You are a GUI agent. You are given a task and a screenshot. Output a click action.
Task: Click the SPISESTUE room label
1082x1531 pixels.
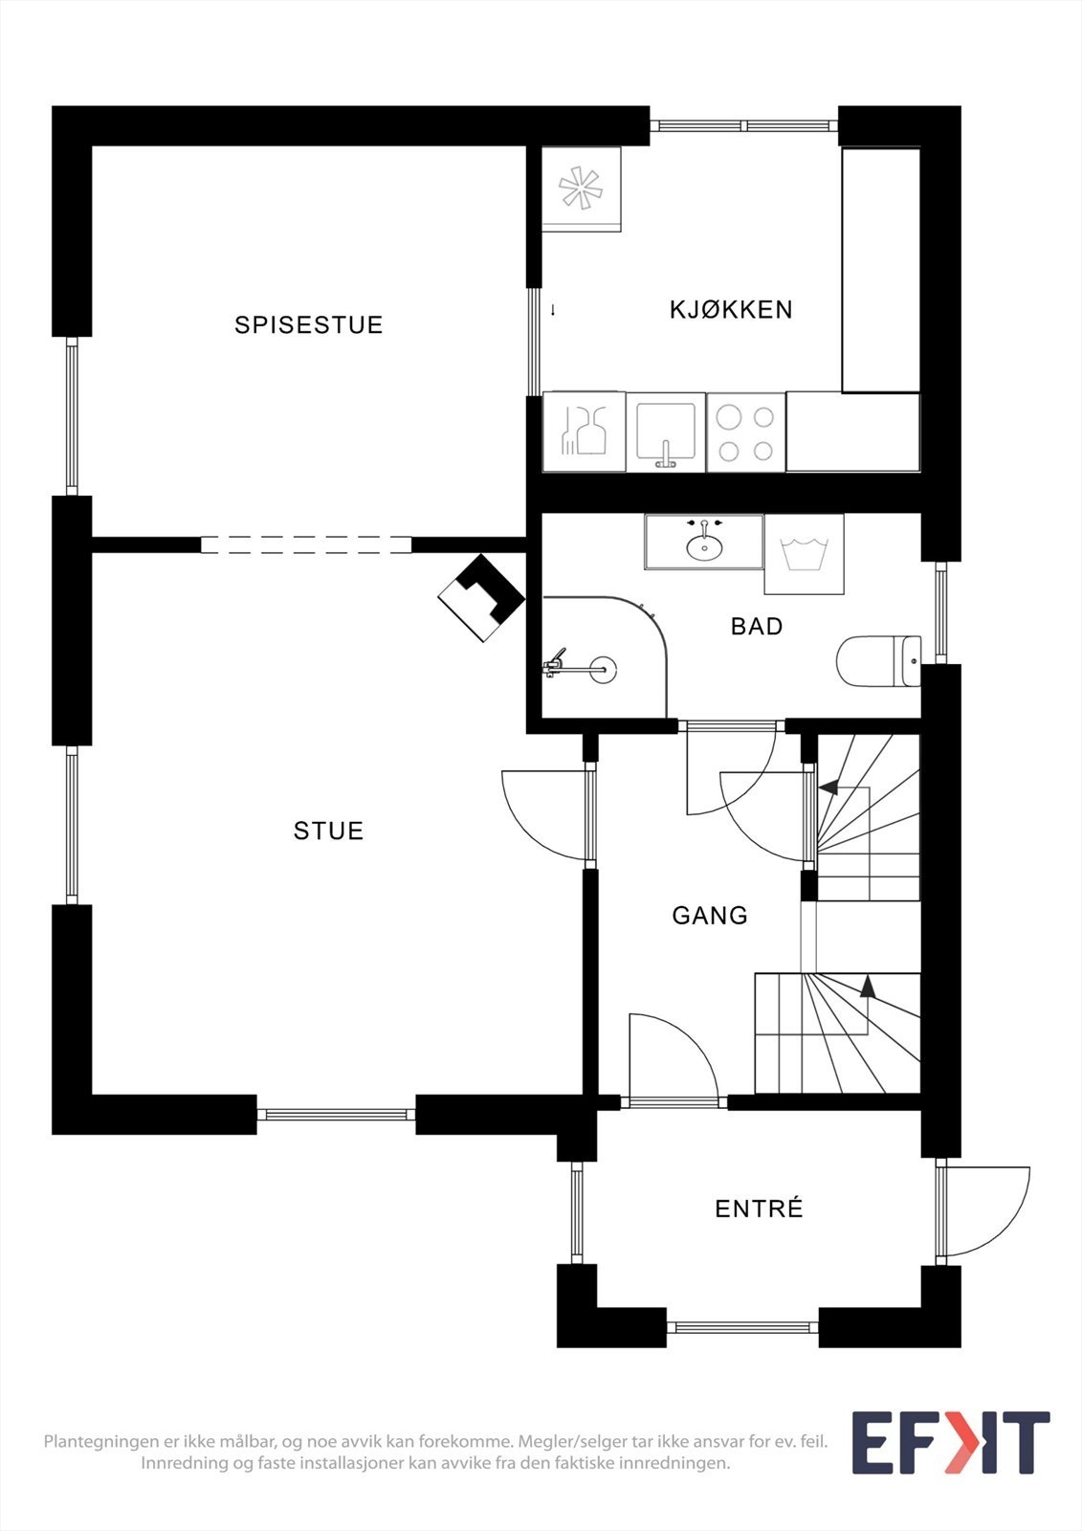point(308,325)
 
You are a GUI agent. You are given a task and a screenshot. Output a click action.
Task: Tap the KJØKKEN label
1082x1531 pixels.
point(731,310)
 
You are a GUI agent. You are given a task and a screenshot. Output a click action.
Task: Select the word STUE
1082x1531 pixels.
point(328,831)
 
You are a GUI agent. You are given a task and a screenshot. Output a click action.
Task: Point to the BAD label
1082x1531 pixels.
point(757,627)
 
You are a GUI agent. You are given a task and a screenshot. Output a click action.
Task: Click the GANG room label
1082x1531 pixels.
point(710,916)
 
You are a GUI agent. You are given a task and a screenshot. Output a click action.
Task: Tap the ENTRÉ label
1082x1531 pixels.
point(759,1209)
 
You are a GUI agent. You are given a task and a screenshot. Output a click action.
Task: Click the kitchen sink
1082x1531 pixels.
point(666,433)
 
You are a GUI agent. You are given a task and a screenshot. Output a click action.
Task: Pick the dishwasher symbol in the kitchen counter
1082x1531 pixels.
point(585,432)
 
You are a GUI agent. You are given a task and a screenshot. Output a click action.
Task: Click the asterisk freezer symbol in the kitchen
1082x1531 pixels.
point(582,188)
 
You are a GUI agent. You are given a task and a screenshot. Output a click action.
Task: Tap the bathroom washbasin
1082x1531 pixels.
point(704,545)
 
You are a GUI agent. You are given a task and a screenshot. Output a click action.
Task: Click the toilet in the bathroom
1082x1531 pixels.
point(878,661)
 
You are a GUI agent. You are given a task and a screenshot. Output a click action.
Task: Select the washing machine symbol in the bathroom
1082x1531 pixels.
point(804,555)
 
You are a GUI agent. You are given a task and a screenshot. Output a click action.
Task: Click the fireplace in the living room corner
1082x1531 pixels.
point(481,599)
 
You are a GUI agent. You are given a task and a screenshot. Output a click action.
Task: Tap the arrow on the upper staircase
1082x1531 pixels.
point(828,788)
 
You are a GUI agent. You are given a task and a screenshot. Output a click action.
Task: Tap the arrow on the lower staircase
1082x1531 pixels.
point(868,987)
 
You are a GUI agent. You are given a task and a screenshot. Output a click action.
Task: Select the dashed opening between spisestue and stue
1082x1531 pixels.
point(306,545)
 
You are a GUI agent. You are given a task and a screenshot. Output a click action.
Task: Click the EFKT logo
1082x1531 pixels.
point(950,1442)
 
